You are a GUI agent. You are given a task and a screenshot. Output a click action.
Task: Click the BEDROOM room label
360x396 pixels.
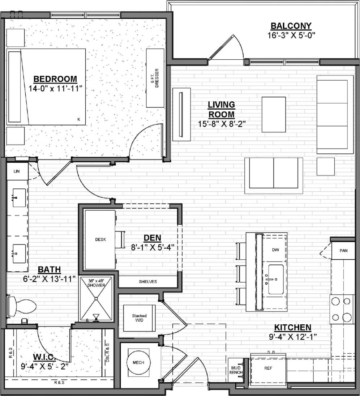coord(55,79)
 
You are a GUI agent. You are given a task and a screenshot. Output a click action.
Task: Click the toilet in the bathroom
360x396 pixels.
coord(23,306)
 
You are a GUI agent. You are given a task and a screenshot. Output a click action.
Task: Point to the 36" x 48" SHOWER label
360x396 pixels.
coord(96,283)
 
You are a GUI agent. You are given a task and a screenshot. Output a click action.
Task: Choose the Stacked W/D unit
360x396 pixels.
coord(139,318)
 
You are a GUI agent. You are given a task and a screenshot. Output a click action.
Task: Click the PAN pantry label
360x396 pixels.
coord(343,250)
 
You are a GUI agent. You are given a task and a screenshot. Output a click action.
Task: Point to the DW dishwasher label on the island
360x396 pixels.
coord(276,250)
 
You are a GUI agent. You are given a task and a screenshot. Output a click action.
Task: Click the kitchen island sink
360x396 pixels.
coord(275,279)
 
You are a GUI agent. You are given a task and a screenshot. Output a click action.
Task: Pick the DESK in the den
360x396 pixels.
coord(100,239)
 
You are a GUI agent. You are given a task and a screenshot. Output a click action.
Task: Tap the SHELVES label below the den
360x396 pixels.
coord(148,282)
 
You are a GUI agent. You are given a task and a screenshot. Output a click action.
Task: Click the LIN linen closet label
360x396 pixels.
coord(17,171)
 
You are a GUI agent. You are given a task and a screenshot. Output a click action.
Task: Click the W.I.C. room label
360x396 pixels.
coord(44,357)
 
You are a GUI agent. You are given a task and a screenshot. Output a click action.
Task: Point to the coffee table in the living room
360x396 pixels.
coord(274,114)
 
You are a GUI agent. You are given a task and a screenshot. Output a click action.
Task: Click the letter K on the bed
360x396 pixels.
coord(78,119)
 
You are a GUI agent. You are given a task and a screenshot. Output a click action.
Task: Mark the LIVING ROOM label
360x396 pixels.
coord(221,109)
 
